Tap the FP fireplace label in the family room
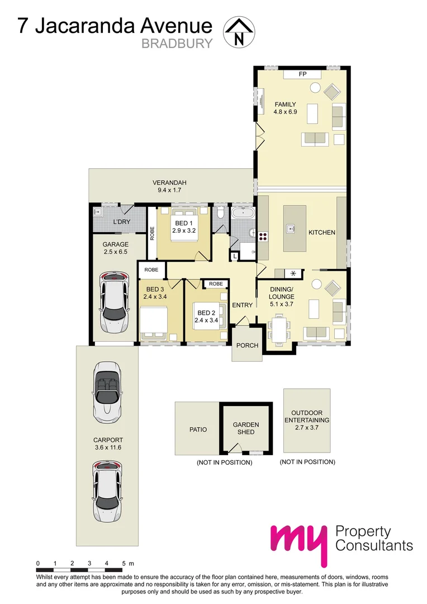(303, 74)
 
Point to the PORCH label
(247, 346)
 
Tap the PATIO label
(198, 430)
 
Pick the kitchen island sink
(291, 228)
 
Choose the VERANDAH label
(170, 183)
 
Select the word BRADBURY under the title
(177, 44)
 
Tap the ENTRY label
(243, 305)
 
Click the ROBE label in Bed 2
(215, 284)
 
